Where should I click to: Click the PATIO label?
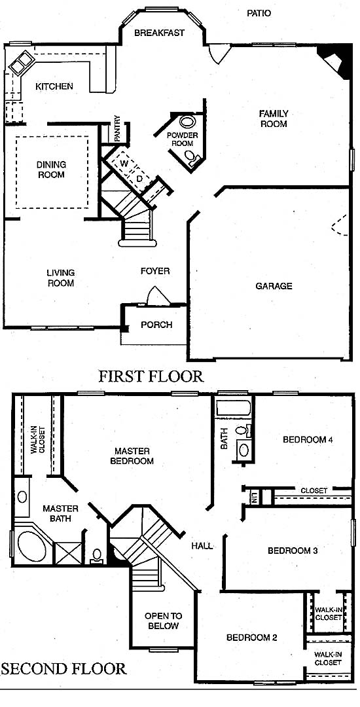259,14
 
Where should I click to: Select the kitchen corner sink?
22,62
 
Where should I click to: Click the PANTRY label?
117,129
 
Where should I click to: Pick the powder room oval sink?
187,122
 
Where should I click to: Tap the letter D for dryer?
139,179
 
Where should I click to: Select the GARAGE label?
274,286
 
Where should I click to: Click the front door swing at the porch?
158,297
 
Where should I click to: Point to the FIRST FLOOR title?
151,376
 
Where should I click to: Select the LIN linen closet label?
254,498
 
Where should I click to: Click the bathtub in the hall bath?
233,408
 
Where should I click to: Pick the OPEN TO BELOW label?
163,621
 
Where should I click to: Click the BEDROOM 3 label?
290,551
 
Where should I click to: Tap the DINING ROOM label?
51,170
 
